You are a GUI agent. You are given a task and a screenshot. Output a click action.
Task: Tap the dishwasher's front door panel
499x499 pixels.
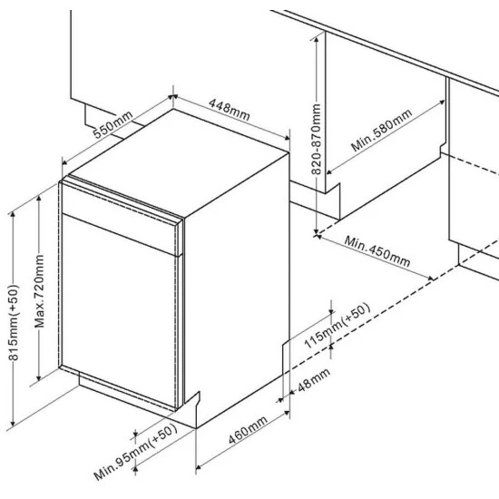(x=118, y=299)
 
